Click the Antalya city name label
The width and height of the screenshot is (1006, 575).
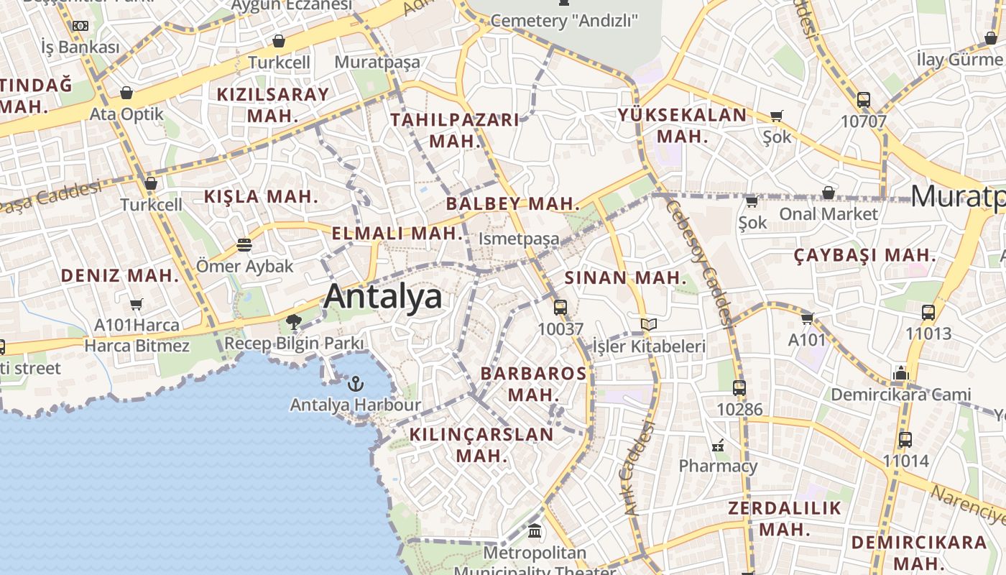coord(382,295)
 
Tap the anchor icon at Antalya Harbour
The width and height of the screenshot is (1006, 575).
coord(355,383)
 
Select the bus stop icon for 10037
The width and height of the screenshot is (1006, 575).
coord(560,308)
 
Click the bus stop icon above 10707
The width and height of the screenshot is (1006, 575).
coord(863,100)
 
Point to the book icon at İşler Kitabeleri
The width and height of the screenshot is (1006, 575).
coord(649,325)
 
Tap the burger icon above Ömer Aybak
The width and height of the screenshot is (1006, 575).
coord(244,245)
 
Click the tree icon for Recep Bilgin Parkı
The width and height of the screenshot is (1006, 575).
coord(293,321)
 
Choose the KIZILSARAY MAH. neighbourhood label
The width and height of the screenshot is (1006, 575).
coord(273,104)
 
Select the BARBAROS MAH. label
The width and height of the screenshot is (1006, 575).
coord(533,384)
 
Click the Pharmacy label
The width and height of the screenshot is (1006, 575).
coord(718,466)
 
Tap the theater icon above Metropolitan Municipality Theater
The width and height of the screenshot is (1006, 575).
coord(535,531)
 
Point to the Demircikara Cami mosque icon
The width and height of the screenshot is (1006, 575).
coord(900,373)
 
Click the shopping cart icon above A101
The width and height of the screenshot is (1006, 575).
coord(807,318)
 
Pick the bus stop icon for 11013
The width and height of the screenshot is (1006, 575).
coord(928,313)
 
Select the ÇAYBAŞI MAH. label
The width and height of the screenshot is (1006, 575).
coord(865,255)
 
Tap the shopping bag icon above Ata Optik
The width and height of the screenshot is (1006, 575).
coord(126,93)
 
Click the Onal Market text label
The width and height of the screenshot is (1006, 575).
coord(829,213)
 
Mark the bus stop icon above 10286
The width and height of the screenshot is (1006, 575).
coord(739,388)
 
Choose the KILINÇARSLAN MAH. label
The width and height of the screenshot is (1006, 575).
coord(481,444)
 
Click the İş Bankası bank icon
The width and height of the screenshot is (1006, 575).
coord(80,26)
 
